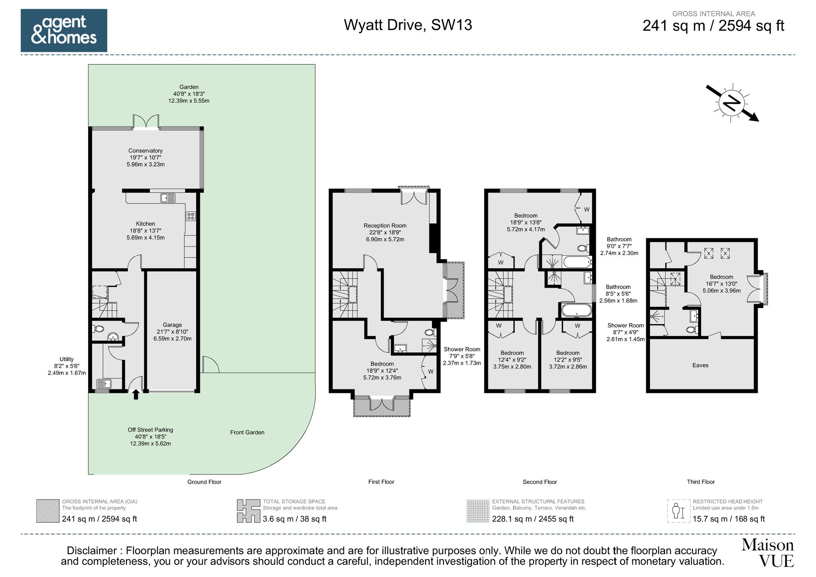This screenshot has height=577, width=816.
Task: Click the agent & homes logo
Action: [64, 30]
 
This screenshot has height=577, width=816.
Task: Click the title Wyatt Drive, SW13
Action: [408, 25]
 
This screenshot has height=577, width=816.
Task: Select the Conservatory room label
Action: [145, 157]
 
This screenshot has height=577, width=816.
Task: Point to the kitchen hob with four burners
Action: [191, 216]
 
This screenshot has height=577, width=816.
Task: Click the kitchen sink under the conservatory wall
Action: [168, 198]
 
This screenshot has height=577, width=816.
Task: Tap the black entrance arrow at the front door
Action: [135, 395]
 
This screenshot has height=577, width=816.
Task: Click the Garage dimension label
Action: [172, 331]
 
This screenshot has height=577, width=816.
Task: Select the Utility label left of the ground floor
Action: [67, 366]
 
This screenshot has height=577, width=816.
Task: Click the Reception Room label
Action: [385, 232]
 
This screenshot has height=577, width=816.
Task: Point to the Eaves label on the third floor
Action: [700, 365]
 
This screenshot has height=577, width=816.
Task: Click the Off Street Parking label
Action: [150, 436]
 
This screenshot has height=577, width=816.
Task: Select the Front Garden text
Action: [247, 432]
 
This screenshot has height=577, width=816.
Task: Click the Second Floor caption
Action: [539, 482]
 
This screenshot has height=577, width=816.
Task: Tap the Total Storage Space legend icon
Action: [248, 511]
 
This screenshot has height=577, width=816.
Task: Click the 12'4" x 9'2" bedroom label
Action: [512, 360]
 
